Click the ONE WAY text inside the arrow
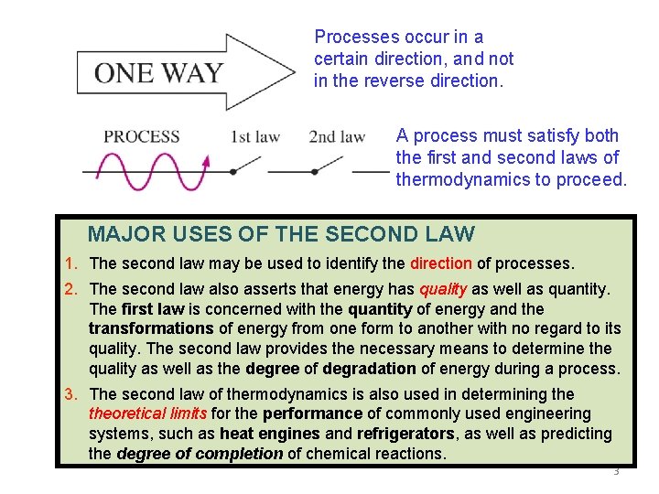(x=159, y=72)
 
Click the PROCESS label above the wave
(x=141, y=137)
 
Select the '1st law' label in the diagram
(x=254, y=137)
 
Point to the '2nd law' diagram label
(x=337, y=137)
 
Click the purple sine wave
(x=146, y=171)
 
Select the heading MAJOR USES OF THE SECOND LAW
(x=281, y=234)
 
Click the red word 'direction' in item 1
(x=441, y=263)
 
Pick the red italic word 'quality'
(x=443, y=289)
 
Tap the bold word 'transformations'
(x=151, y=328)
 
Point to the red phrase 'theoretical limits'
(x=147, y=413)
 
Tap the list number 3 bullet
(x=70, y=394)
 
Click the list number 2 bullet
(x=70, y=289)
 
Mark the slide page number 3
(x=616, y=472)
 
